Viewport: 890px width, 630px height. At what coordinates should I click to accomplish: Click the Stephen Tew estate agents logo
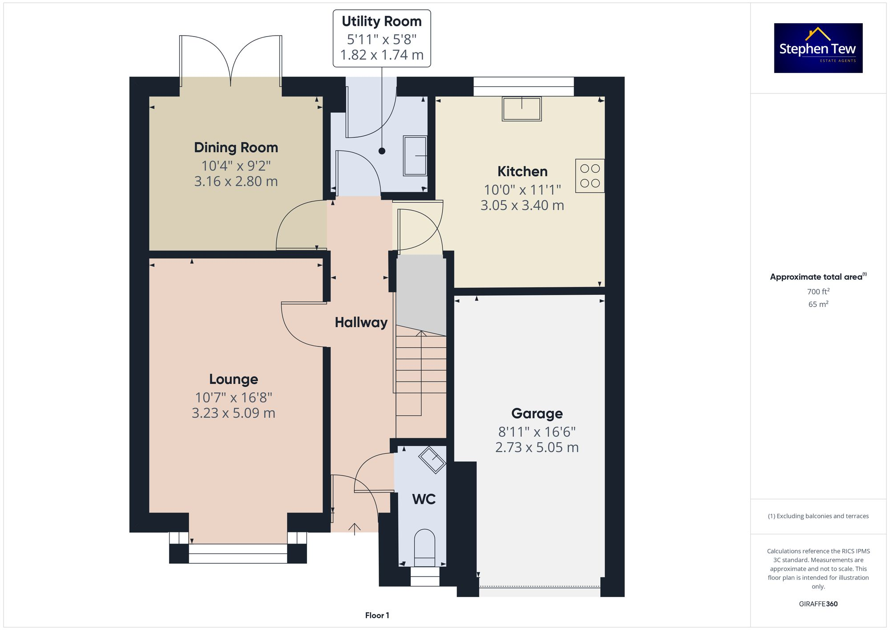(818, 48)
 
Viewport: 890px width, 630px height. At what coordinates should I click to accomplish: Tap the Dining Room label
(236, 147)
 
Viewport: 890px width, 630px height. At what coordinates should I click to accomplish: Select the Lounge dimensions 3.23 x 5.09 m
(233, 413)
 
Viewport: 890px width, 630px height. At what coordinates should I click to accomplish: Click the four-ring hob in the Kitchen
(590, 176)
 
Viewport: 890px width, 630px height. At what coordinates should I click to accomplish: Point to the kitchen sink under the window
(522, 109)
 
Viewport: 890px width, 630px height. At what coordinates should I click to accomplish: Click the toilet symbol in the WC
(424, 547)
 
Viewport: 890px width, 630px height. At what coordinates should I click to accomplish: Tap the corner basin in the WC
(432, 459)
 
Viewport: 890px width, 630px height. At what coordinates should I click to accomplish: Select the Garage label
(537, 414)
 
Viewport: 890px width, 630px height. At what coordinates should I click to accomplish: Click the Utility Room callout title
(381, 21)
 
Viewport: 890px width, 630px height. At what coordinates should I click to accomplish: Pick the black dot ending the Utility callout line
(382, 151)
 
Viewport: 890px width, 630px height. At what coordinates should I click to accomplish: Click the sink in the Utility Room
(415, 156)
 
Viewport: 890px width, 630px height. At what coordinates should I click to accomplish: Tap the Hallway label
(361, 322)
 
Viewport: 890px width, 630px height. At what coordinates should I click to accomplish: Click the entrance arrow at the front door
(354, 528)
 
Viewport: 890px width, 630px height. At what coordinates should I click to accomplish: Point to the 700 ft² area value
(818, 292)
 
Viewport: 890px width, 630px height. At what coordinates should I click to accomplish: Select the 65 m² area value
(818, 305)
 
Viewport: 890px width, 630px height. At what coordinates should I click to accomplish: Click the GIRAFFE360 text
(818, 604)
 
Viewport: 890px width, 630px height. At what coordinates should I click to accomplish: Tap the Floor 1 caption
(377, 615)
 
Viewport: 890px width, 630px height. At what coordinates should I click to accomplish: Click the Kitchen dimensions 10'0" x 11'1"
(522, 190)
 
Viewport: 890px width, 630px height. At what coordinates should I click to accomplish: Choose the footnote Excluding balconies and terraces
(818, 516)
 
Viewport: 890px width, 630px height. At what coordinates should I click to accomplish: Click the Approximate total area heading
(817, 277)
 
